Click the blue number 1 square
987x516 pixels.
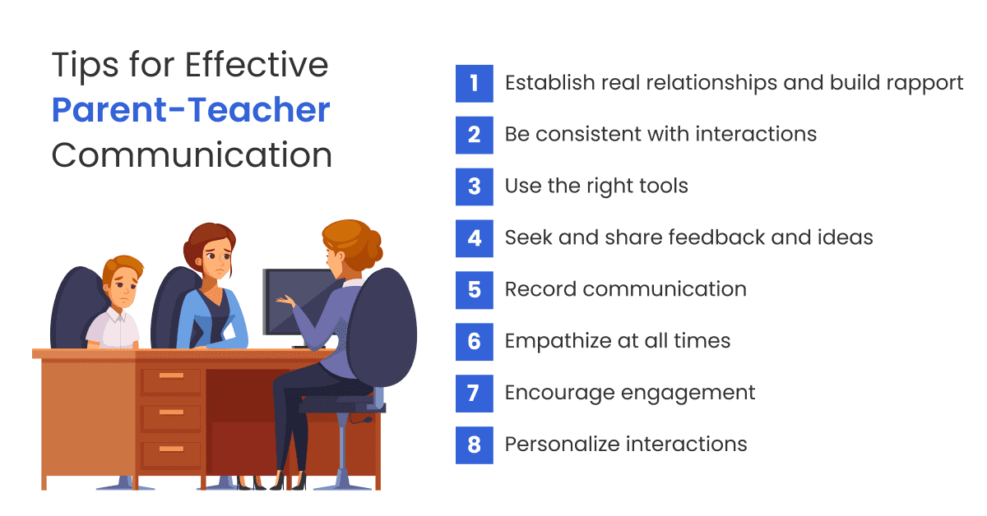click(x=474, y=83)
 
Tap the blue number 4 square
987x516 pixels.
click(x=474, y=238)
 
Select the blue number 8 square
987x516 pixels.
click(x=474, y=445)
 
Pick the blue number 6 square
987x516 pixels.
click(x=474, y=341)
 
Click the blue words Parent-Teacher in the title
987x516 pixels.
click(x=191, y=110)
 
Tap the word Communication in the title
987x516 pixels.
click(x=192, y=155)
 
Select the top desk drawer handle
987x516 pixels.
click(x=171, y=375)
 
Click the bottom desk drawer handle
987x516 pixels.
click(x=171, y=448)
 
